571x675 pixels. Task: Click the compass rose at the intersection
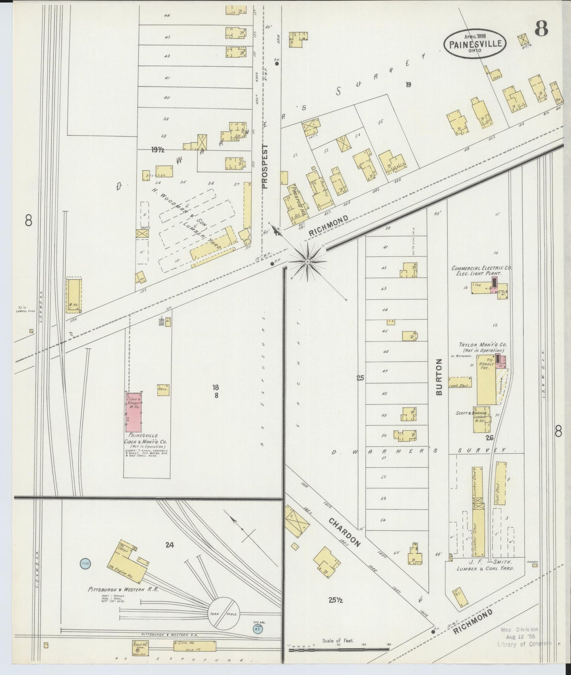point(307,261)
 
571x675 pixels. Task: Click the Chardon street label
point(345,532)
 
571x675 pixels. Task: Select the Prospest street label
point(265,166)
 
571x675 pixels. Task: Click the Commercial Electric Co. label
point(482,268)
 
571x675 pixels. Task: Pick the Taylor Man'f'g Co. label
point(481,345)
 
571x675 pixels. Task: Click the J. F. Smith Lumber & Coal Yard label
point(485,564)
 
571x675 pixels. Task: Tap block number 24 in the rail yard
point(170,545)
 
